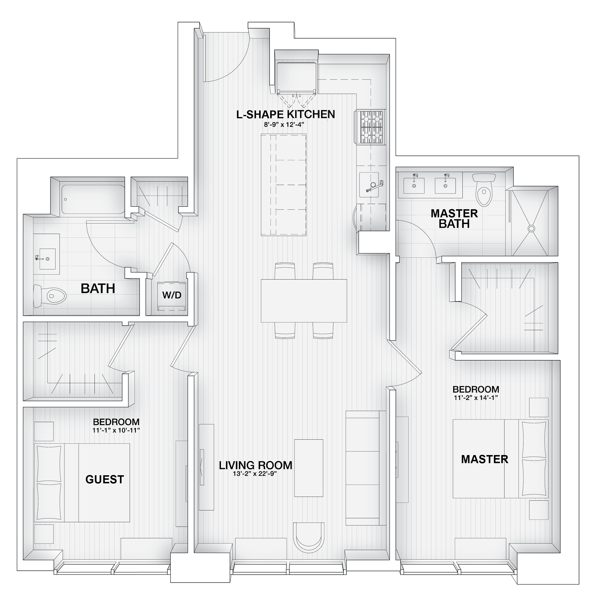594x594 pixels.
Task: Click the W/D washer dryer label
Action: (172, 295)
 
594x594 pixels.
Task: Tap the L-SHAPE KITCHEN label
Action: (286, 114)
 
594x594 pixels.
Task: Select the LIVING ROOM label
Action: (256, 465)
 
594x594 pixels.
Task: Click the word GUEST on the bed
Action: (105, 479)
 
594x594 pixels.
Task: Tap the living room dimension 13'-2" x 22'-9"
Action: (255, 474)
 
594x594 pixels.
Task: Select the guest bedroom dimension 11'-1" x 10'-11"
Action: (116, 430)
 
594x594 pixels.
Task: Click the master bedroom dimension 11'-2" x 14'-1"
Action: (476, 398)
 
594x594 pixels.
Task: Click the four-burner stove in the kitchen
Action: (370, 127)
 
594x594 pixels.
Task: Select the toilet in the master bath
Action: (484, 189)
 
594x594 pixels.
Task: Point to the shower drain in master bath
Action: (531, 228)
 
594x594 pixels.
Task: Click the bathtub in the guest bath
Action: (93, 199)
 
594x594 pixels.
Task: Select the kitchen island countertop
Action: (284, 185)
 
